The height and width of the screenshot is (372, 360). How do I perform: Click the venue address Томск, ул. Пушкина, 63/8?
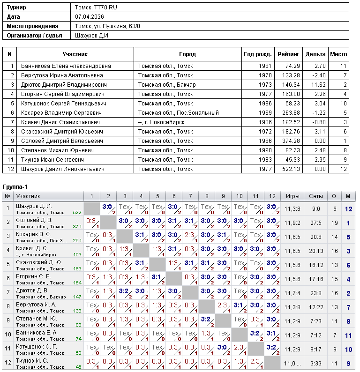(107, 26)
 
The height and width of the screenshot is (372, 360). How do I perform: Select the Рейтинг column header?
(288, 54)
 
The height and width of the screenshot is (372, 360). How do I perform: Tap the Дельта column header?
(315, 54)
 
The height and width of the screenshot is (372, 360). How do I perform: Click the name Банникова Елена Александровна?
(66, 66)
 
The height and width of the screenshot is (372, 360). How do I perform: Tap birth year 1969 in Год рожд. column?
(264, 113)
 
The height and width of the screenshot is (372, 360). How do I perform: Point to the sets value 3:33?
(315, 364)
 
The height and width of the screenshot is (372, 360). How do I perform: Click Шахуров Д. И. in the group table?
(34, 206)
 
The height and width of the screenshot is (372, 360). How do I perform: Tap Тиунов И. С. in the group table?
(32, 361)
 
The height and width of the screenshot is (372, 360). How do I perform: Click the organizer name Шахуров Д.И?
(92, 36)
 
